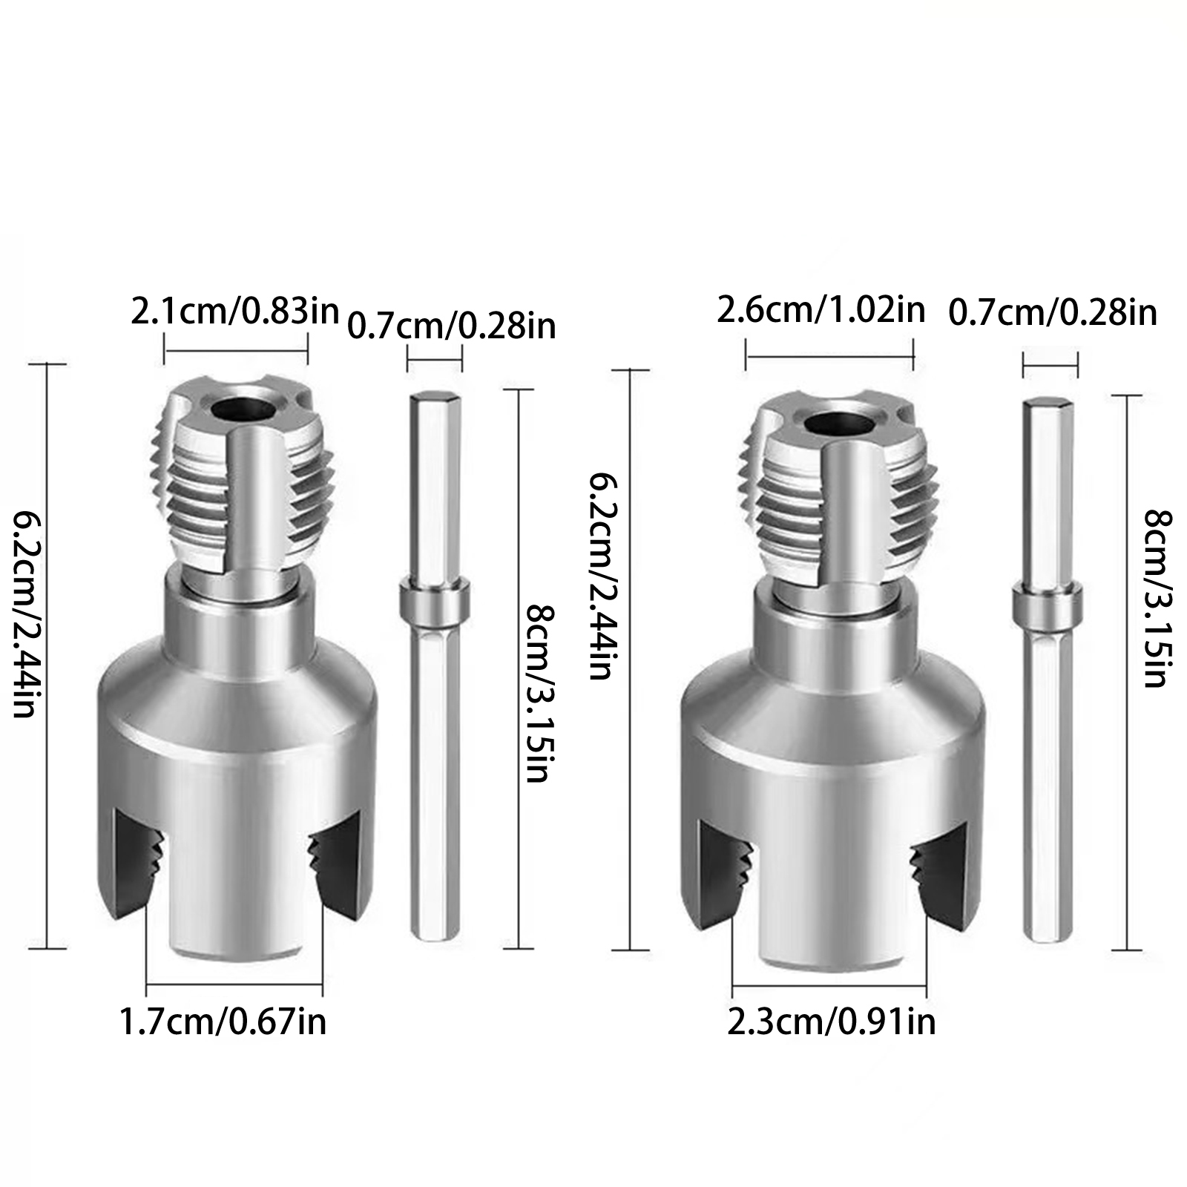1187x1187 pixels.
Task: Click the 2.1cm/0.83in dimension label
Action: pos(234,312)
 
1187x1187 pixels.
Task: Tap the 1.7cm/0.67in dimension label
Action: pos(223,1022)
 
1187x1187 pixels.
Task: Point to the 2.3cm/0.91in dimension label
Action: pos(831,1022)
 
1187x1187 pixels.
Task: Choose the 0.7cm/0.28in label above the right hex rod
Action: pos(1053,312)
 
